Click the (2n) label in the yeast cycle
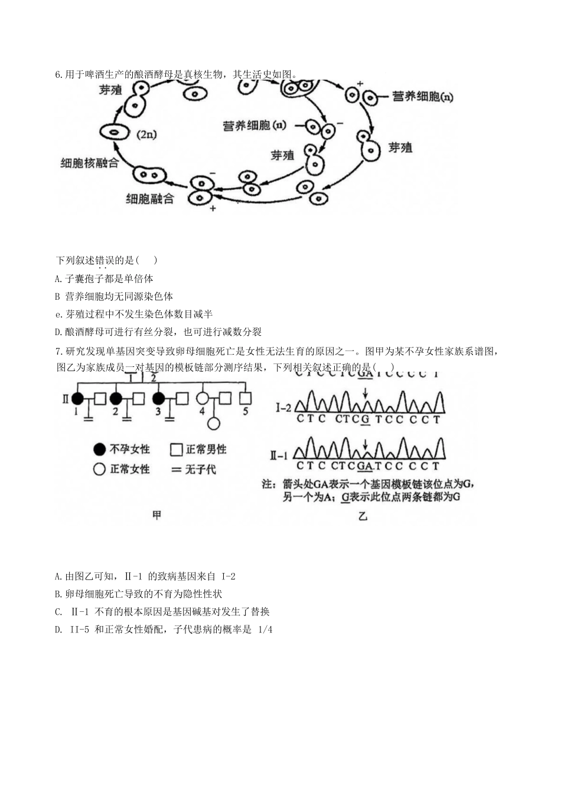coord(146,135)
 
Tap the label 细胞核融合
coord(90,163)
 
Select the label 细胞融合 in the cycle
coord(150,199)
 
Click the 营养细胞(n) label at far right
coord(423,97)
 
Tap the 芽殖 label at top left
coord(110,90)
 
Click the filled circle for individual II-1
coord(77,398)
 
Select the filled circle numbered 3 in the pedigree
coord(158,398)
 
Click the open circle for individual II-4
coord(203,398)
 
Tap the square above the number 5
coord(245,398)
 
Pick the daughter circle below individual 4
coord(213,423)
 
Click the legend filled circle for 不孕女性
coord(99,450)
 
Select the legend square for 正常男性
coord(176,450)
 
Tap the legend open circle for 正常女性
coord(99,470)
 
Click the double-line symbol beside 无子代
coord(176,470)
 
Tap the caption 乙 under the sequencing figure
coord(363,516)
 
